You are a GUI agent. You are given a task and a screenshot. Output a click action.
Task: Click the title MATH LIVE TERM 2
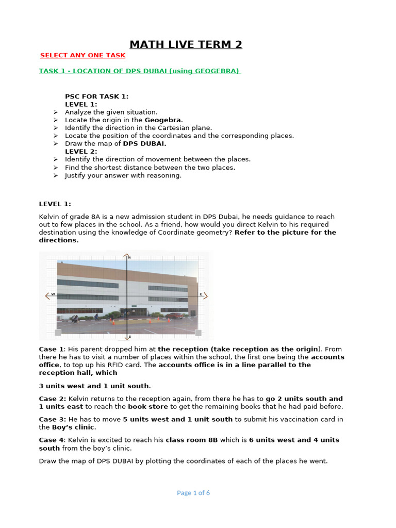click(x=186, y=44)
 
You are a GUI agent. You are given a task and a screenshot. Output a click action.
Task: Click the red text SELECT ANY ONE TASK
click(x=82, y=55)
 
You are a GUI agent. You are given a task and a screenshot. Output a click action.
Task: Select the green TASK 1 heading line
click(x=140, y=71)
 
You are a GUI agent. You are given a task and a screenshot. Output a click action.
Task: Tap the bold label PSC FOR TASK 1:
click(x=96, y=96)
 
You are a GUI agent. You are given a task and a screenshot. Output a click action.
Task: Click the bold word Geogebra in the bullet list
click(x=163, y=120)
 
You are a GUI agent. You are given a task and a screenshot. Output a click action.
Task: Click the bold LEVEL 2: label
click(x=81, y=152)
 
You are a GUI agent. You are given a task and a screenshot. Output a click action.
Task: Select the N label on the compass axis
click(x=129, y=257)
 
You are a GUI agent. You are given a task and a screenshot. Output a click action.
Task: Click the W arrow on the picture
click(x=50, y=295)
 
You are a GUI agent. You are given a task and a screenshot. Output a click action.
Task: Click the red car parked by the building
click(x=174, y=316)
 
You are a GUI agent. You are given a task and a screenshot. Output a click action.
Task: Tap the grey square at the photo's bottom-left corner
click(x=58, y=332)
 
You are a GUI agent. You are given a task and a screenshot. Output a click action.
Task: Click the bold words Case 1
click(x=52, y=349)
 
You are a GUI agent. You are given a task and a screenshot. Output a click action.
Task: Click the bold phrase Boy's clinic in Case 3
click(x=73, y=427)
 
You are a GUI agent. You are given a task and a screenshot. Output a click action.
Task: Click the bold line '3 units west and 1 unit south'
click(x=94, y=386)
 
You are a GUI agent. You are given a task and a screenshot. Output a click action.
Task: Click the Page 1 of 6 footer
click(x=193, y=492)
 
